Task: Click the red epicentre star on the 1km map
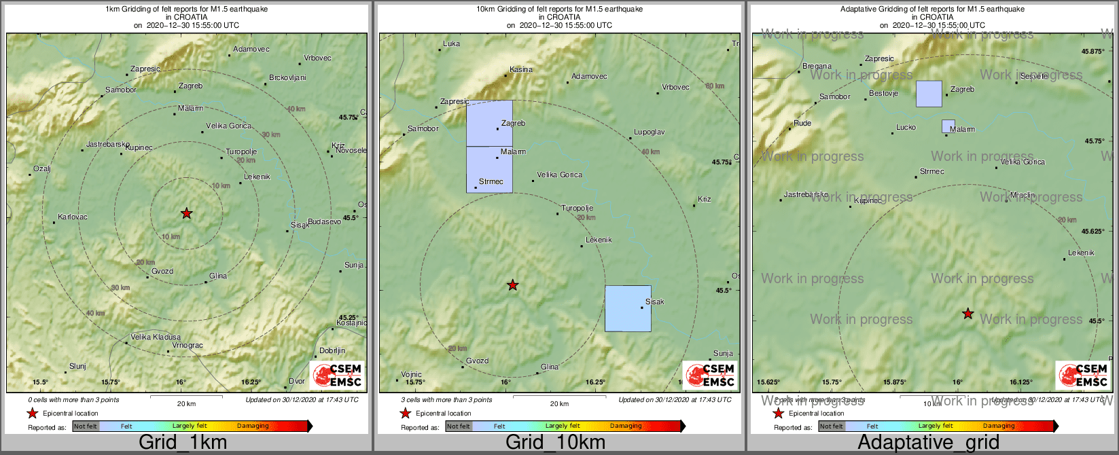(x=187, y=213)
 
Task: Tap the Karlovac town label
(x=73, y=217)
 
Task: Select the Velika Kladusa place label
(x=156, y=338)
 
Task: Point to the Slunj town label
(x=78, y=367)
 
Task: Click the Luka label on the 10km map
(x=451, y=44)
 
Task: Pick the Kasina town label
(x=521, y=70)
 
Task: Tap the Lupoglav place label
(x=649, y=132)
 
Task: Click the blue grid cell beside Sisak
(x=628, y=308)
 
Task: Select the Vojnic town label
(x=411, y=375)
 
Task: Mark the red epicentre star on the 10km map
(x=513, y=285)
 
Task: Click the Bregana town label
(x=817, y=67)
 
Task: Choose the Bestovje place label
(x=884, y=94)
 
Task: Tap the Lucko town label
(x=906, y=128)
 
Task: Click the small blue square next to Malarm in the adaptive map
(x=948, y=126)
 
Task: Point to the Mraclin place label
(x=1023, y=196)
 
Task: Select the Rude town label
(x=802, y=124)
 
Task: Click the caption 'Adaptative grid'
(x=928, y=443)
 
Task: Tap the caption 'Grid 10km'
(x=555, y=443)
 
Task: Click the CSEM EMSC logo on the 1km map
(x=337, y=376)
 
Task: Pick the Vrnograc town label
(x=188, y=346)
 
